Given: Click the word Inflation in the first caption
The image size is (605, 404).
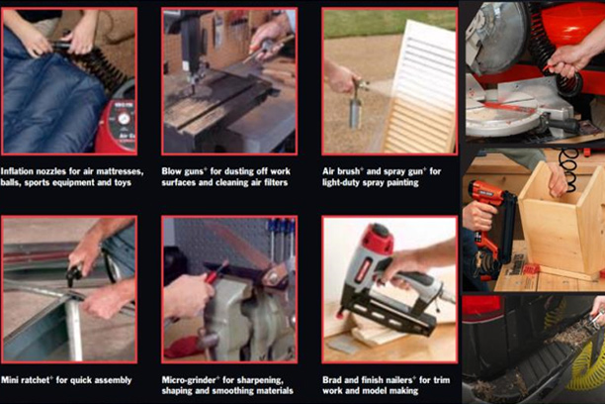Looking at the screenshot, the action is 16,171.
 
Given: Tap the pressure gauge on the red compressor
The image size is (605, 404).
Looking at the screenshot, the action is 124,118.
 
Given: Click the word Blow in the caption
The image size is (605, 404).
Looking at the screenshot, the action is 171,171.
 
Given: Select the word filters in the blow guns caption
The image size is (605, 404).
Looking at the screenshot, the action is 276,182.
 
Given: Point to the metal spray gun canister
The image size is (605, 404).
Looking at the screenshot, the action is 355,112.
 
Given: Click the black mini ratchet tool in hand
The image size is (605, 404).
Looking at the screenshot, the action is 74,273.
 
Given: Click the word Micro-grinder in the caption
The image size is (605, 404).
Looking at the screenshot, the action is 190,380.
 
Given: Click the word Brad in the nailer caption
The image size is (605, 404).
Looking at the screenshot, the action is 332,380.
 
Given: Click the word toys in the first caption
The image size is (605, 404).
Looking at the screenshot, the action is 123,182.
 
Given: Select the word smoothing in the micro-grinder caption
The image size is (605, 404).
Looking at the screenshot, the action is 233,391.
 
